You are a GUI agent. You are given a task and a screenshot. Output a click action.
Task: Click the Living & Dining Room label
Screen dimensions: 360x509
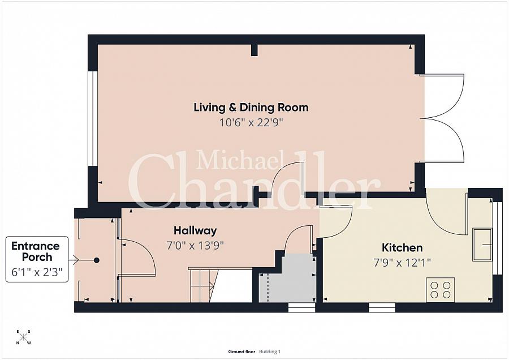pos(251,107)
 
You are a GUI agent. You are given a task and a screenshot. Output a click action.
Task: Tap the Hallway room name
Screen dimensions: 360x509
pos(195,230)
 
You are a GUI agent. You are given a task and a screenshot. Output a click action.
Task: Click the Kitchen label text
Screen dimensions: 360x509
pos(402,247)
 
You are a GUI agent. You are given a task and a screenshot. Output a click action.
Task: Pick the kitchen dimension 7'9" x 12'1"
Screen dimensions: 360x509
pos(402,262)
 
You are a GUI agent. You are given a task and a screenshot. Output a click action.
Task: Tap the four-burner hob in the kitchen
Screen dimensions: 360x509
pos(440,289)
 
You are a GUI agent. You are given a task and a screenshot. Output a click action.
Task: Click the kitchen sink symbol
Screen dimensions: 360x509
pos(482,244)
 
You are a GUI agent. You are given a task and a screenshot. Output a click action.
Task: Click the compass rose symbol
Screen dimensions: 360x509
pos(24,337)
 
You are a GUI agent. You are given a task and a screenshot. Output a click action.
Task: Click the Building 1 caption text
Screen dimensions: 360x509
pos(270,352)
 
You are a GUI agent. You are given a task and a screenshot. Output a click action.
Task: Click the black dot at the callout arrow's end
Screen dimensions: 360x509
pos(97,260)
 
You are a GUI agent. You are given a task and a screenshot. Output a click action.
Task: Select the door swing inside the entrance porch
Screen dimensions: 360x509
pos(137,258)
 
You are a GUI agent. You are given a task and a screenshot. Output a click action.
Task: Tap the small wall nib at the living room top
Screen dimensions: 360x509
pos(254,50)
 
